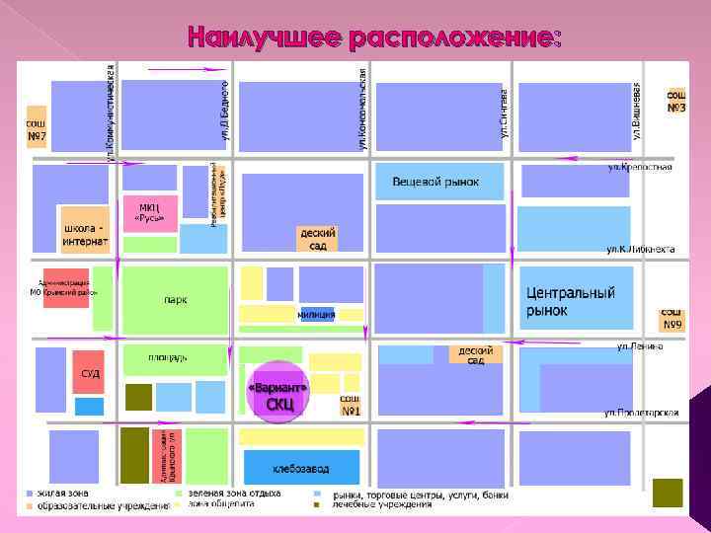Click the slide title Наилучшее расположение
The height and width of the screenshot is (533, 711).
pyautogui.click(x=375, y=38)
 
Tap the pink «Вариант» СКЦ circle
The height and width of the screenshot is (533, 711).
pyautogui.click(x=278, y=395)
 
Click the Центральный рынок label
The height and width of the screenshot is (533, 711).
pyautogui.click(x=570, y=301)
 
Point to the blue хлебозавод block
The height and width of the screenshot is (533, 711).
pyautogui.click(x=301, y=467)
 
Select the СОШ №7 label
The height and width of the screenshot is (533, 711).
pyautogui.click(x=36, y=129)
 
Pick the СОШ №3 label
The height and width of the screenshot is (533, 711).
pyautogui.click(x=676, y=102)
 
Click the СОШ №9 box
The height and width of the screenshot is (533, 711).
pyautogui.click(x=672, y=318)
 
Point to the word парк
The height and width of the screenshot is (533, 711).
pyautogui.click(x=176, y=299)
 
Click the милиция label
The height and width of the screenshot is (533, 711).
pyautogui.click(x=316, y=315)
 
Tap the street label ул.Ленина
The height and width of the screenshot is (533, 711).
pyautogui.click(x=640, y=346)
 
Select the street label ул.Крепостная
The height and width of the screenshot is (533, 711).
pyautogui.click(x=639, y=168)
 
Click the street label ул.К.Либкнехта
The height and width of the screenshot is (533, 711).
pyautogui.click(x=640, y=249)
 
